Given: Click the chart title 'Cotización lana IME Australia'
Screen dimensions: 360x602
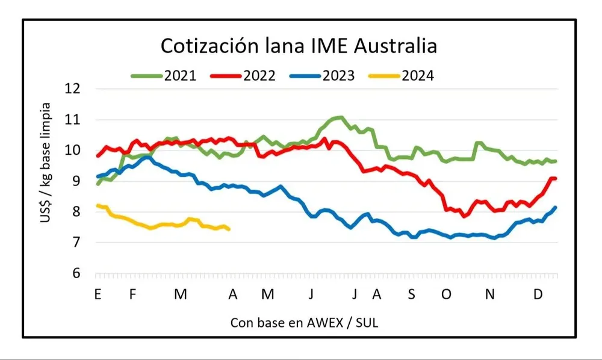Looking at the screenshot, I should tap(298, 46).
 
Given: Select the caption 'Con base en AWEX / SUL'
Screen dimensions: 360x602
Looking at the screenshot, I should tap(305, 323).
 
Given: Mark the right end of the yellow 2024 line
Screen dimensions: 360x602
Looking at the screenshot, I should tap(229, 229).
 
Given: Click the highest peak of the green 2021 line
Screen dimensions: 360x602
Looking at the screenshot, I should tap(341, 117).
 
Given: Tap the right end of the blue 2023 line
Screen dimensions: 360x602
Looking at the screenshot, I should tap(555, 207).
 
